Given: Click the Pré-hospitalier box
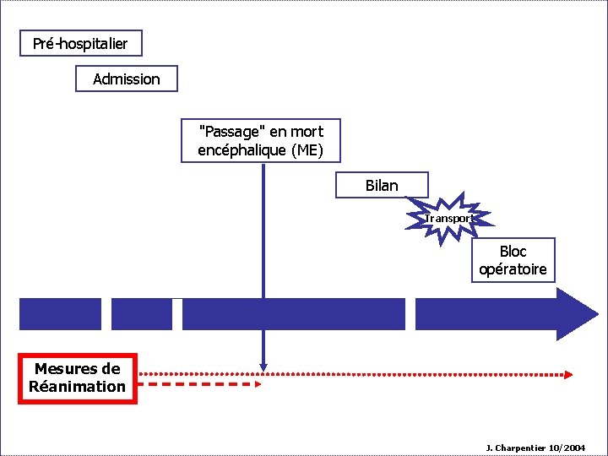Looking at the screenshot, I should coord(80,43).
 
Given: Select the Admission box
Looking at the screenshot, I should coord(127,79).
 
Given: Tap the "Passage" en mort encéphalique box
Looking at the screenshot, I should coord(260,141).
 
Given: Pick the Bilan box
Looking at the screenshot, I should coord(382,185).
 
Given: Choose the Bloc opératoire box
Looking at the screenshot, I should coord(513,260).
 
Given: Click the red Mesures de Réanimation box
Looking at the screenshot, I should coord(77,377).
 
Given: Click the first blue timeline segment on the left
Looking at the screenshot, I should coord(60,314).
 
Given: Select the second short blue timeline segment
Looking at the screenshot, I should coord(141,314).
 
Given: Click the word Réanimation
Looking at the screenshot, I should coord(77,387).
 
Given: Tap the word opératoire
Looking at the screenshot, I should coord(513,270).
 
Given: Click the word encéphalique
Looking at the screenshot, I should coord(233,151).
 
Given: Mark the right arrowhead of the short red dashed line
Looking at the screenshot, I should coord(258,384).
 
